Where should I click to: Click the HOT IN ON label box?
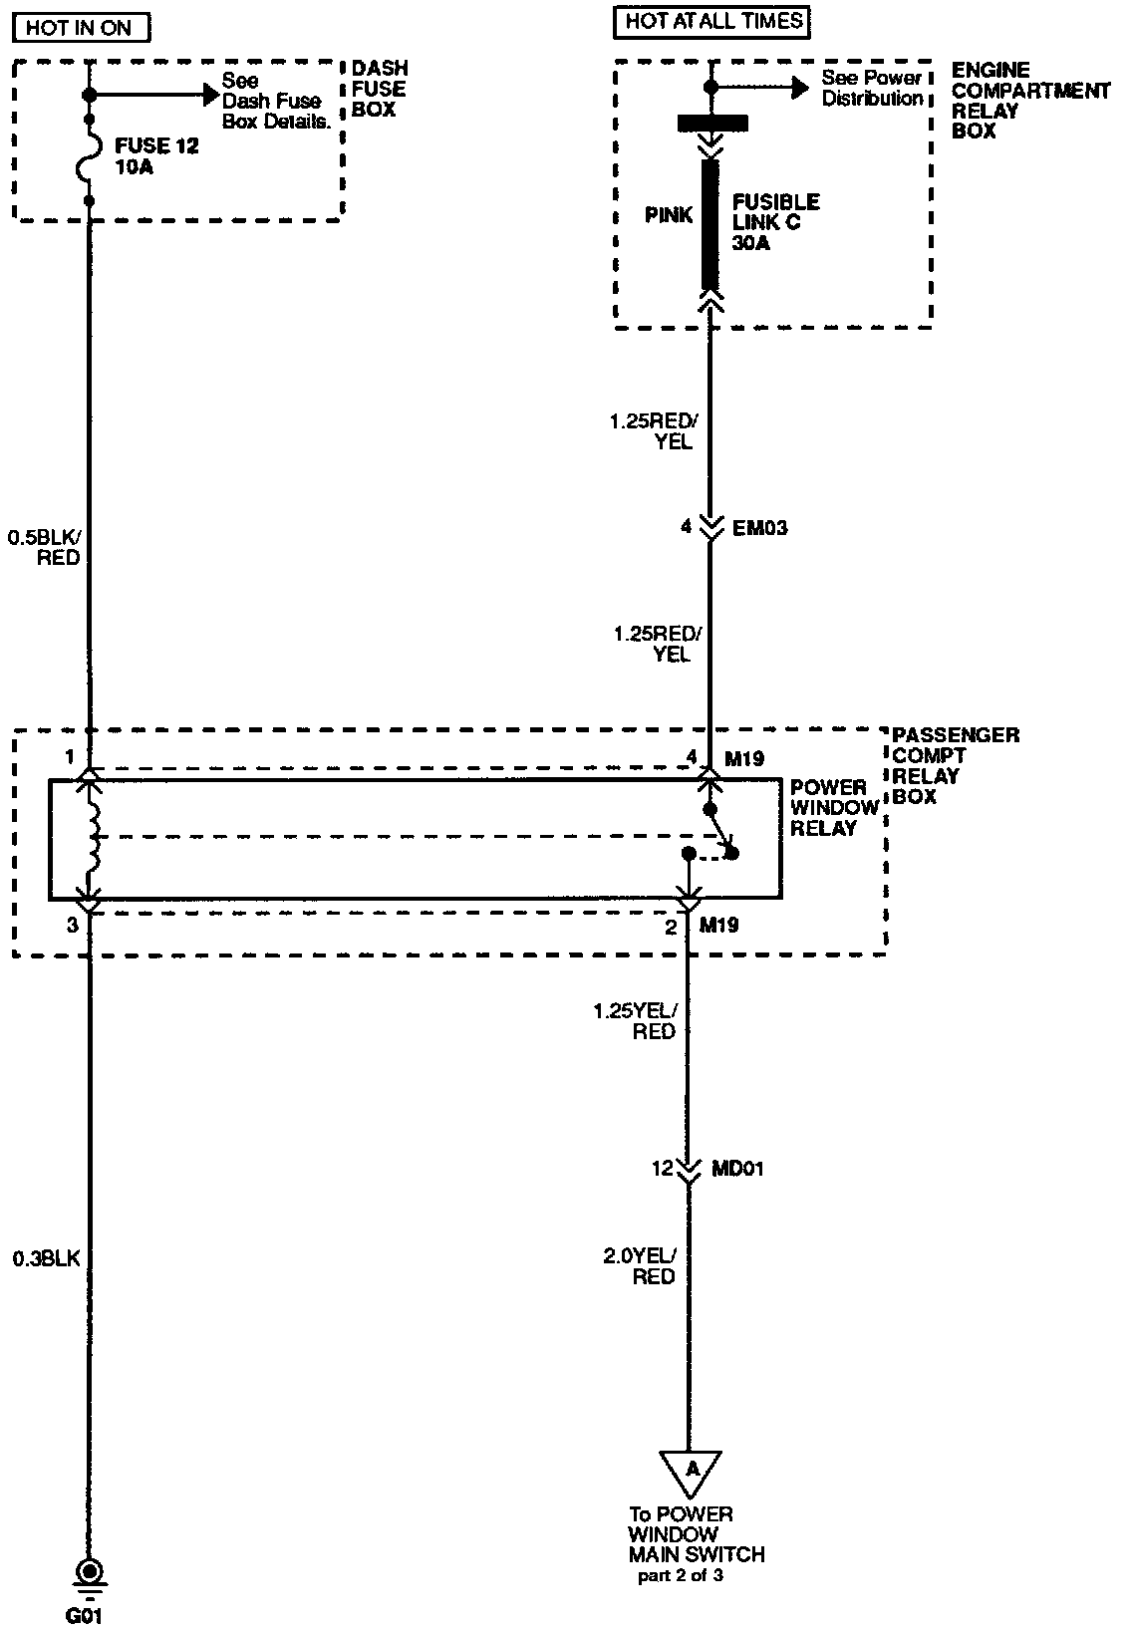(x=79, y=27)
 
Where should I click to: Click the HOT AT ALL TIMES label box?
(x=713, y=20)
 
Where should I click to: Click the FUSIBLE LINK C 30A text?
(x=775, y=222)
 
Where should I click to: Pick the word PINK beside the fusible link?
(x=669, y=215)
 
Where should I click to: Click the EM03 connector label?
(x=760, y=528)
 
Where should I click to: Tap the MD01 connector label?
(x=737, y=1169)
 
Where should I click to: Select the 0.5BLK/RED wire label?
(x=44, y=548)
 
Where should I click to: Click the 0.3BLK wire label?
(x=46, y=1258)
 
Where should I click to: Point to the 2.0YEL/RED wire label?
(x=640, y=1266)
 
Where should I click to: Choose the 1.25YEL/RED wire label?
(x=635, y=1021)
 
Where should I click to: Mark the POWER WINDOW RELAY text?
(x=834, y=808)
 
